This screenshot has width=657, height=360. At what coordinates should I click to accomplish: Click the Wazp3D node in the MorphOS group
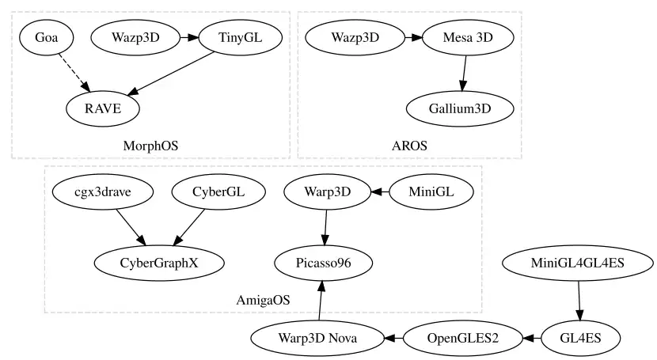(x=136, y=37)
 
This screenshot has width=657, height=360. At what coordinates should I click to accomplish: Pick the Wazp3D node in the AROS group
(x=355, y=37)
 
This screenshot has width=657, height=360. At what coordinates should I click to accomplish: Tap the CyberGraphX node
(x=159, y=262)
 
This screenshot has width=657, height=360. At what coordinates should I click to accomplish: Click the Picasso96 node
(x=322, y=262)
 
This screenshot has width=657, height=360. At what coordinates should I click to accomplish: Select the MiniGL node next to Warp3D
(x=431, y=191)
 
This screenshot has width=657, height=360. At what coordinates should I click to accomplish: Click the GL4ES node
(x=581, y=338)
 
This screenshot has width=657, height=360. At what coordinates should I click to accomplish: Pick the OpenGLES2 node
(x=463, y=338)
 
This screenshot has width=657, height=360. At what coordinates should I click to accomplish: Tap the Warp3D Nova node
(x=317, y=338)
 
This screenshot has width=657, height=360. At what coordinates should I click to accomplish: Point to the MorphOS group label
(x=150, y=146)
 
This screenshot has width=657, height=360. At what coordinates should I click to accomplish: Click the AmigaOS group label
(x=263, y=300)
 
